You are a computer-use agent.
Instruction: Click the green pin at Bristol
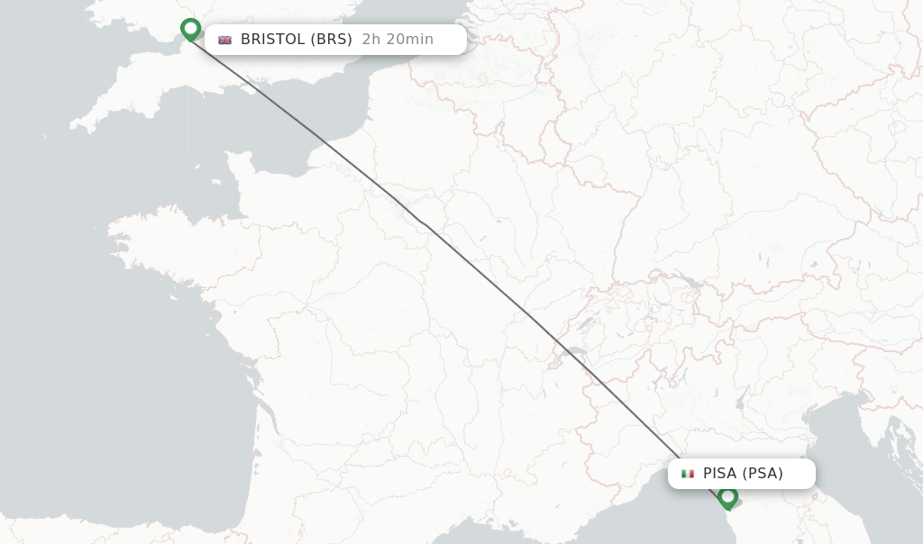(x=190, y=30)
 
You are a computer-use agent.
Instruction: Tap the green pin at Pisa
(x=728, y=496)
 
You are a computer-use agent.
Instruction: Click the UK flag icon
(x=224, y=40)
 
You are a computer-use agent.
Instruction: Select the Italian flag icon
(x=688, y=474)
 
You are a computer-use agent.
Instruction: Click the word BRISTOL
(x=273, y=40)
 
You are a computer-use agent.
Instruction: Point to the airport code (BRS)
(x=331, y=40)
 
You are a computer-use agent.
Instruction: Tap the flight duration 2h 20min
(x=398, y=40)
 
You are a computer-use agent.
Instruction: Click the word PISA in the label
(x=720, y=474)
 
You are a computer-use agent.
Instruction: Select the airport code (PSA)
(x=763, y=474)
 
